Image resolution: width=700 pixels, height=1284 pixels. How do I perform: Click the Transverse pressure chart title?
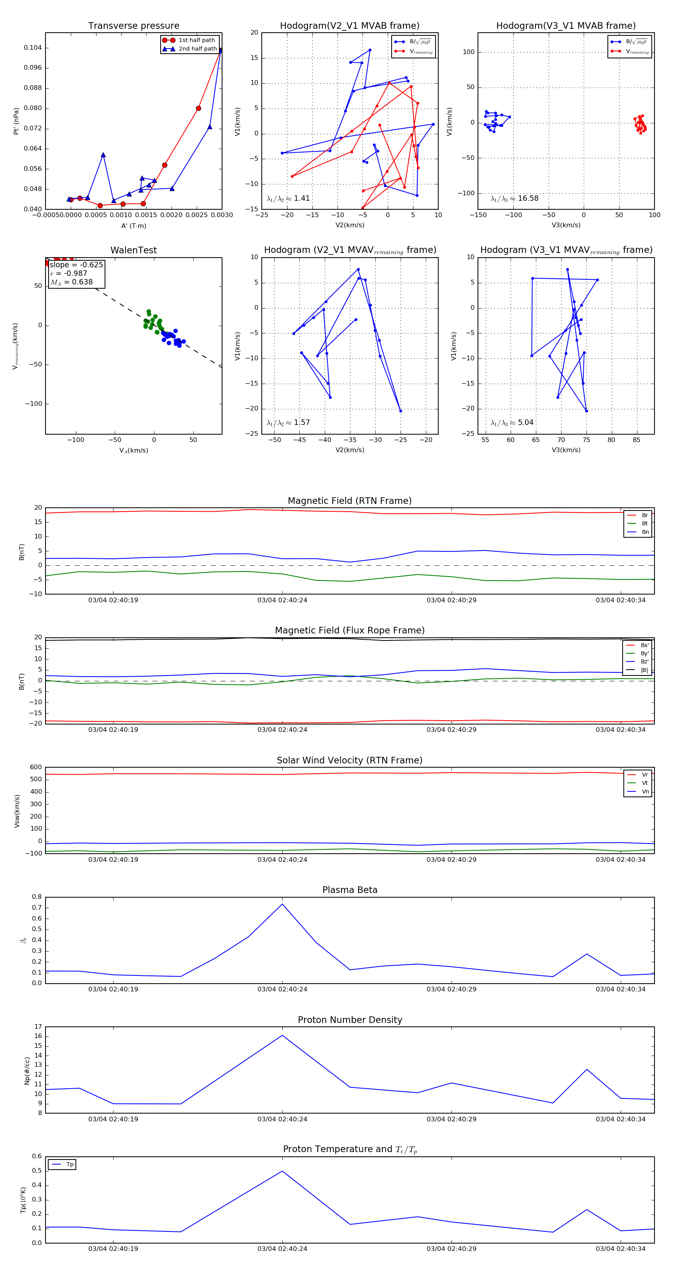(133, 26)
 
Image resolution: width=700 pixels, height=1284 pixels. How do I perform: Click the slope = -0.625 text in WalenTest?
(76, 265)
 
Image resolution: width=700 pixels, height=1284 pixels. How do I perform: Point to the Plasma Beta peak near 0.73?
(282, 904)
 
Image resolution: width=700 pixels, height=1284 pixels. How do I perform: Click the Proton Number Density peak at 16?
(282, 1035)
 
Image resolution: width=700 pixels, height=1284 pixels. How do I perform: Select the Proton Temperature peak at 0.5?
(282, 1171)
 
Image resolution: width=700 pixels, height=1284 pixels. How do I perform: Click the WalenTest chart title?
(133, 250)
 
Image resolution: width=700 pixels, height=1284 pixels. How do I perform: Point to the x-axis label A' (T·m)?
(133, 226)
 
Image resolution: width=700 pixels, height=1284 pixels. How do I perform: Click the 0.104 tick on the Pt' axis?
(33, 48)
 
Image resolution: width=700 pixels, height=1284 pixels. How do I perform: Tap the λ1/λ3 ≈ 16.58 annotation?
(514, 198)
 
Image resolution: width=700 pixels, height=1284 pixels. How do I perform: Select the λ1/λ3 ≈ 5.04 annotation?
(512, 423)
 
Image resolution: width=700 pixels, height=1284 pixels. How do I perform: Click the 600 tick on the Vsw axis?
(36, 767)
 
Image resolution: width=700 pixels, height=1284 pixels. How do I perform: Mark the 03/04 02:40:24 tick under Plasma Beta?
(282, 989)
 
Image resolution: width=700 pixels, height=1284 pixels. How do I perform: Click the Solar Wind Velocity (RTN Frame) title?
(349, 760)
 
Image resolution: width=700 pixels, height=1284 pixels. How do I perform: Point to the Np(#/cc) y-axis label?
(27, 1071)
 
